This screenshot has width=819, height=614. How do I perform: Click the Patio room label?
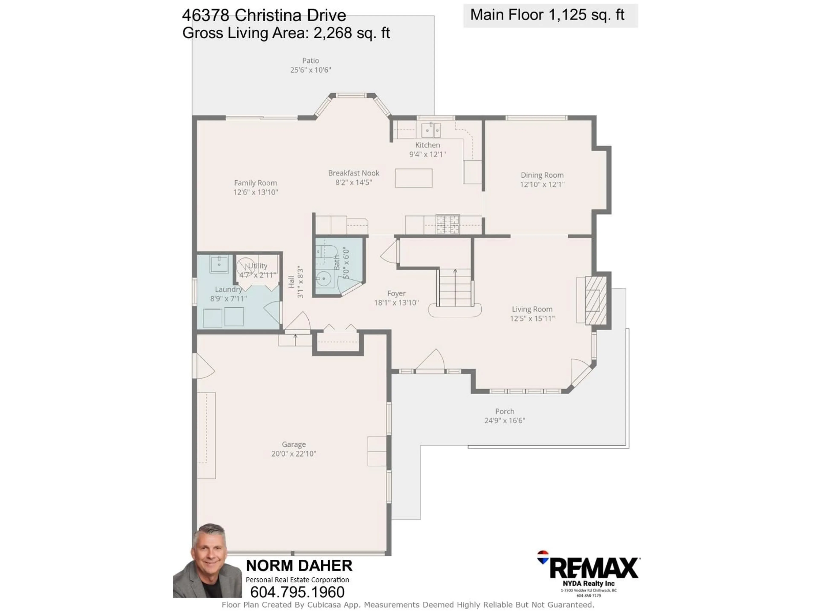tap(310, 61)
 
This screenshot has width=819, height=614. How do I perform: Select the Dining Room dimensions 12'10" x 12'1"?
tap(542, 184)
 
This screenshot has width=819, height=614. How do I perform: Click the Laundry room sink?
tap(219, 264)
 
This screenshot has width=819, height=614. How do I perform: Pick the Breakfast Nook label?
tap(354, 173)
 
